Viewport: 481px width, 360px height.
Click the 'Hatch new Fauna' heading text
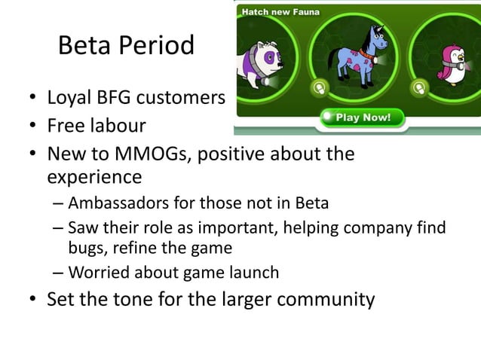point(280,11)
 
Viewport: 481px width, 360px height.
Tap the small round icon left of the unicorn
point(319,88)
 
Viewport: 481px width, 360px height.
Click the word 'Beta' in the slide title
point(83,47)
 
